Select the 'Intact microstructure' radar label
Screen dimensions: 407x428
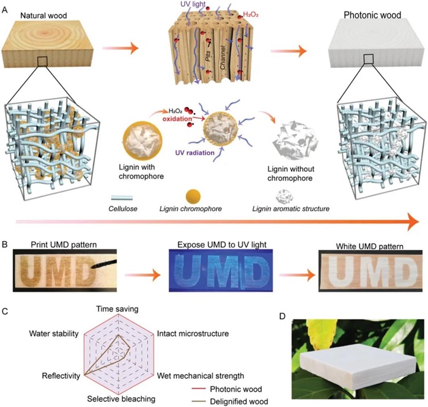(x=193, y=334)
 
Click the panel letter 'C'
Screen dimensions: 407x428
(x=7, y=312)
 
